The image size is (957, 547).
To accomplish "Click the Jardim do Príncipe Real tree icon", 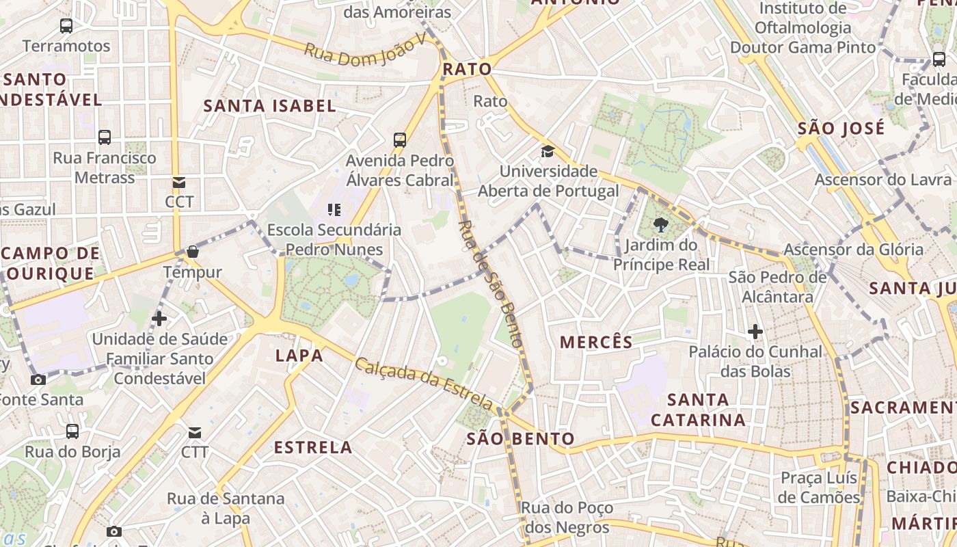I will [x=660, y=224].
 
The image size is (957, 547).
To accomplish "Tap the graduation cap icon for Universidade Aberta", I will [x=548, y=151].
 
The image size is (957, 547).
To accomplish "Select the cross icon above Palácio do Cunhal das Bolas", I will [x=755, y=332].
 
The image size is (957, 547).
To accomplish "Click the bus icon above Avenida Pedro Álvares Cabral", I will [x=400, y=140].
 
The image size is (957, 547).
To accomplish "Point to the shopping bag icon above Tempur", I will [x=193, y=252].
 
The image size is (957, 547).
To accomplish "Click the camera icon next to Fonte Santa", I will [x=38, y=379].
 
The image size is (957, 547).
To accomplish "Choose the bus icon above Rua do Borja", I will [x=72, y=431].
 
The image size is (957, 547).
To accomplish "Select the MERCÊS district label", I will [x=596, y=342].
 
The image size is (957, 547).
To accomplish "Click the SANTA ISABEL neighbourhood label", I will [x=270, y=106].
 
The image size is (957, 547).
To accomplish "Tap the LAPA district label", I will [x=299, y=356].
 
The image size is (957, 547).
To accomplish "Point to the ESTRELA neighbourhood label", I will [x=313, y=448].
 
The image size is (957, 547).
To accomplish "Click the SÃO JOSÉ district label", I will [x=841, y=129].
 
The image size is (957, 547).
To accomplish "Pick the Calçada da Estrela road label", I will [x=424, y=381].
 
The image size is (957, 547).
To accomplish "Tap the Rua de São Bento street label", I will [x=490, y=283].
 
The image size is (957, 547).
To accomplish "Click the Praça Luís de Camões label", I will [x=819, y=488].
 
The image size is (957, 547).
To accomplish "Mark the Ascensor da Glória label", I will [x=853, y=250].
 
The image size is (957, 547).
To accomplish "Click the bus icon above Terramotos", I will [x=66, y=26].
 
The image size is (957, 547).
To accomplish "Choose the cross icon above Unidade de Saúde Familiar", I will [x=159, y=319].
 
